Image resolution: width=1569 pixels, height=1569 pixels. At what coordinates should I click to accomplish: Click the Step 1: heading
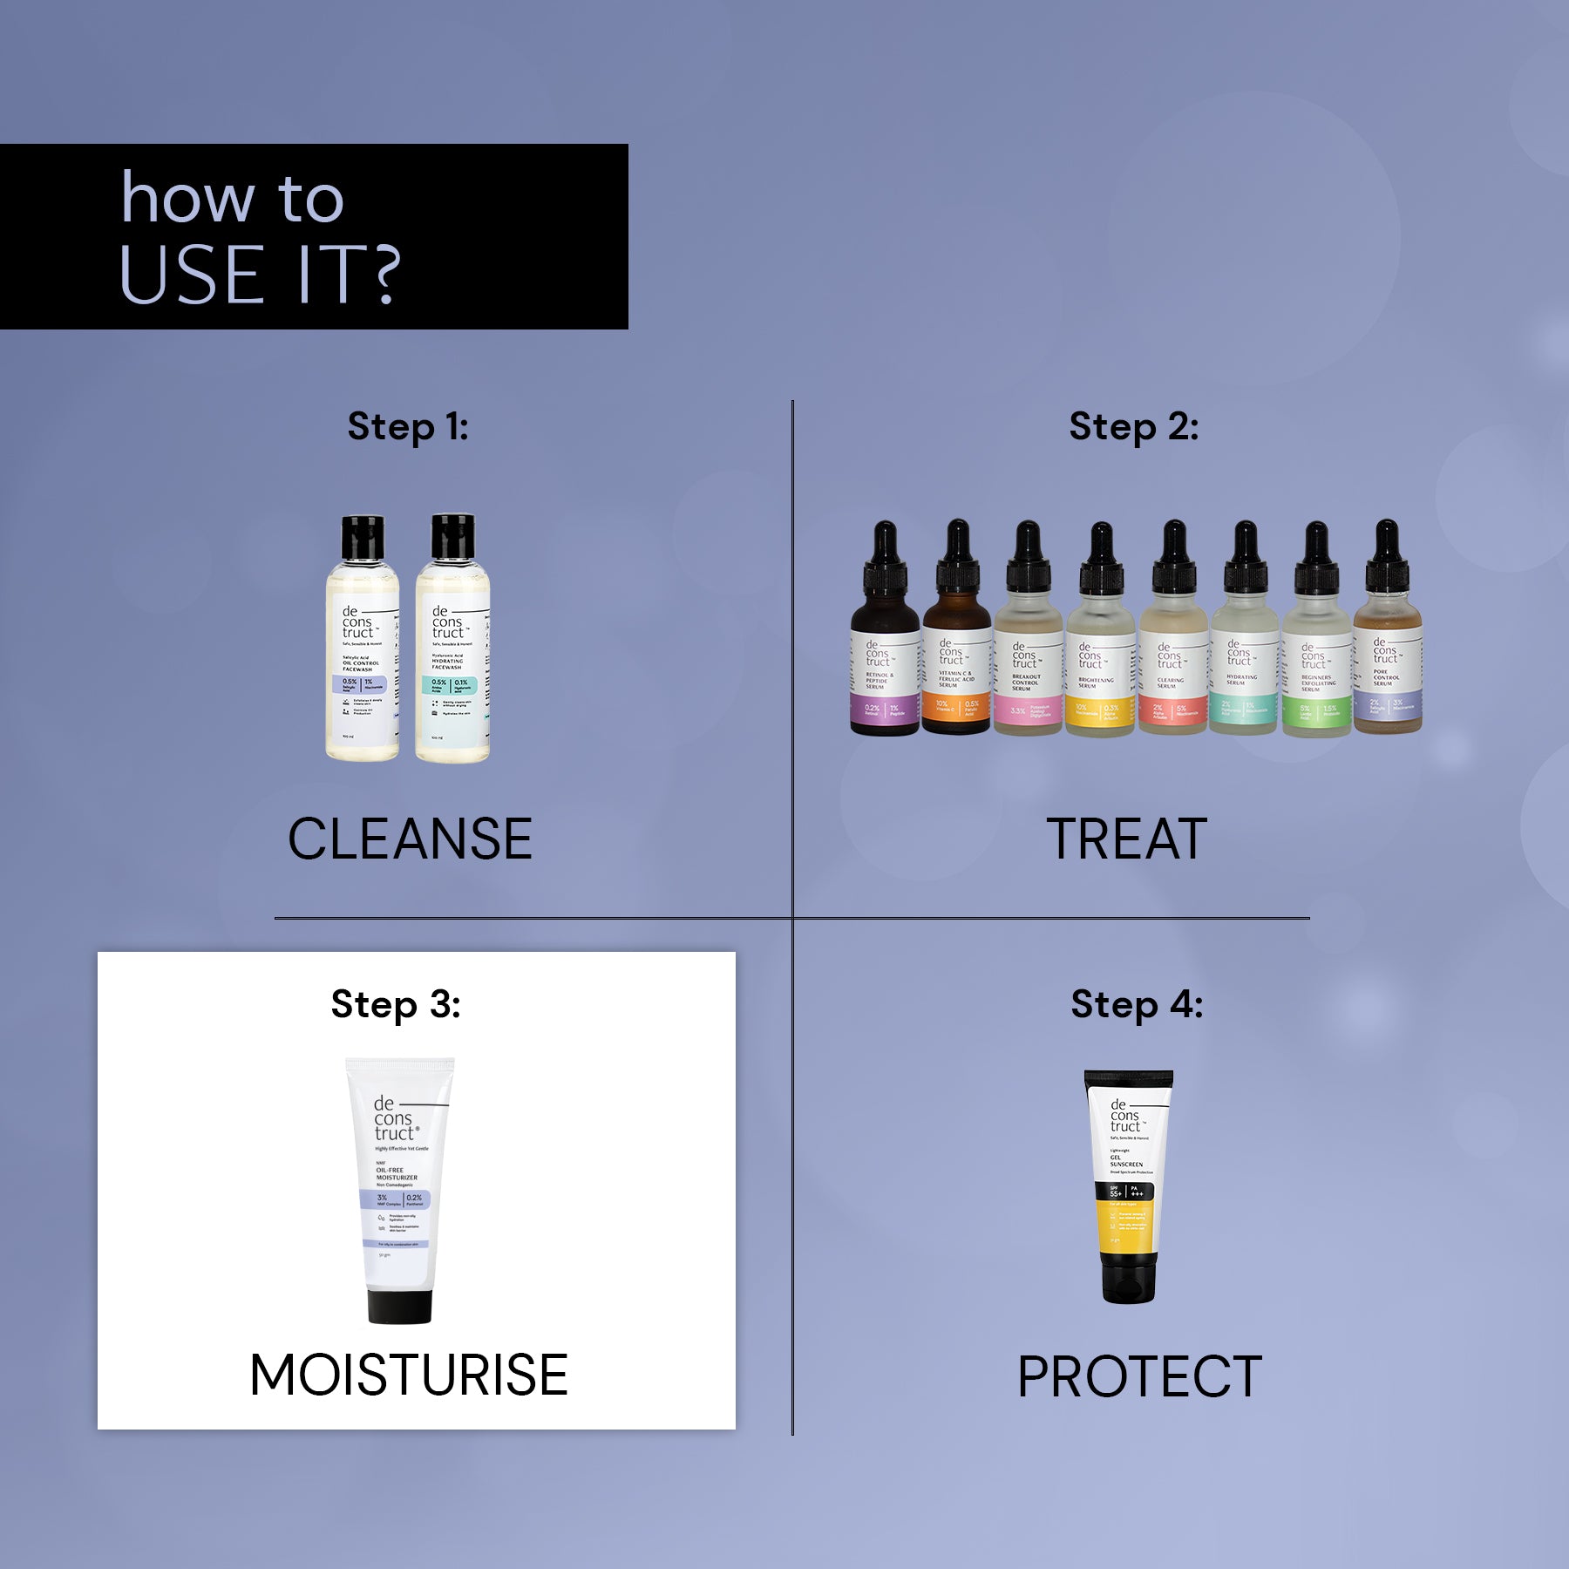(408, 427)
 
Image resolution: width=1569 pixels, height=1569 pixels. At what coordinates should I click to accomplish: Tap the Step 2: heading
(1133, 427)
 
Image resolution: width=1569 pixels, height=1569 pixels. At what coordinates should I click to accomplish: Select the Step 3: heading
(396, 1004)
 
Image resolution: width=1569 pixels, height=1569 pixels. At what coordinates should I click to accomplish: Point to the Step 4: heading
(1137, 1004)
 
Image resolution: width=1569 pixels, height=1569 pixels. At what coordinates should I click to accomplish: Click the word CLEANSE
(410, 839)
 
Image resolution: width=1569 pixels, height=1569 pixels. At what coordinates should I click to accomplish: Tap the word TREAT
(1126, 839)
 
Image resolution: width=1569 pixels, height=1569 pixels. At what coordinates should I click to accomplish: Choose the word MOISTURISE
(409, 1375)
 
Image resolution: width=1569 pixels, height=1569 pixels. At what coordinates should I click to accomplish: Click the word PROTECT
(1139, 1376)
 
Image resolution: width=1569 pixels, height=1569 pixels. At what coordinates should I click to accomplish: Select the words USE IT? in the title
(260, 275)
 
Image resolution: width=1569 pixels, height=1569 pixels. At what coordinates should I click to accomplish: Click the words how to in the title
(232, 199)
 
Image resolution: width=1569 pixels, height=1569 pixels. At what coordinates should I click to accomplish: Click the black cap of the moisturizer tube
(399, 1306)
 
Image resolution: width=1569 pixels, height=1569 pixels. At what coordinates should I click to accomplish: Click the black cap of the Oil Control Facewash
(363, 537)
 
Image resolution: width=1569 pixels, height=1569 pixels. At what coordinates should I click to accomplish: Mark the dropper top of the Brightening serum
(1101, 558)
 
